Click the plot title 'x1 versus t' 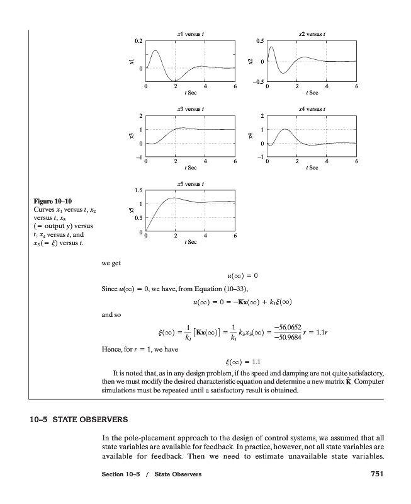(189, 33)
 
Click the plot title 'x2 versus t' (312, 33)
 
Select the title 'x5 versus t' (189, 183)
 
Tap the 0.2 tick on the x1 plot (138, 40)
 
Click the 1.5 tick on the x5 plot (138, 190)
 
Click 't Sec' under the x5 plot (189, 243)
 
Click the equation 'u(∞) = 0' (242, 275)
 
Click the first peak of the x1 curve (155, 50)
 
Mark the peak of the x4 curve (284, 129)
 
